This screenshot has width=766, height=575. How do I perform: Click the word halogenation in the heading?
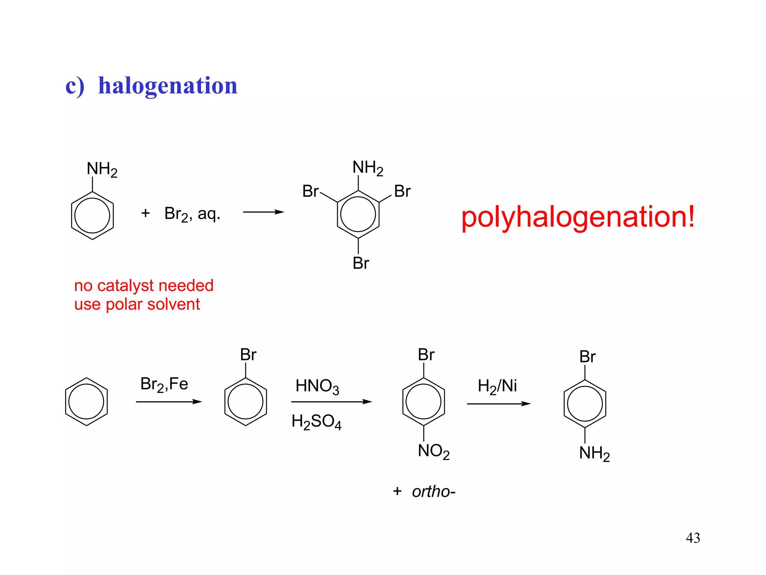point(168,86)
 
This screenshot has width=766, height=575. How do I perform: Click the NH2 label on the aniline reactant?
point(102,169)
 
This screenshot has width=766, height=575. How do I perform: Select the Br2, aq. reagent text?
point(192,214)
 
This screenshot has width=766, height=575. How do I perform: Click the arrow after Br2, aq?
point(263,212)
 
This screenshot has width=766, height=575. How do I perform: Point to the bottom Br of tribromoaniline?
point(361,263)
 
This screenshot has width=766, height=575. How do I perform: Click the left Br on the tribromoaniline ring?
point(310,191)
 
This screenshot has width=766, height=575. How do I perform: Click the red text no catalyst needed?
point(144,286)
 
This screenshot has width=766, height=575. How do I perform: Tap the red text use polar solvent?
point(137,304)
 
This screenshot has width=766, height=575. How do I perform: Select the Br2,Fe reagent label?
point(164,384)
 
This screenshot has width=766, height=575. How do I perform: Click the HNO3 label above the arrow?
point(317,386)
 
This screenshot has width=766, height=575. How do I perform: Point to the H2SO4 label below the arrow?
point(316,422)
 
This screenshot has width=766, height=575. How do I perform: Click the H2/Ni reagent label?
point(497,386)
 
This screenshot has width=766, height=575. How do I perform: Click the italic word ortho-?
point(433,492)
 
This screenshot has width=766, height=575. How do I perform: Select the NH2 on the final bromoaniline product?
point(594,453)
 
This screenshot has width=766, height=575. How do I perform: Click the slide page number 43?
point(693,538)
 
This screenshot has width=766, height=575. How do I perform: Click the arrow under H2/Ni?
point(499,404)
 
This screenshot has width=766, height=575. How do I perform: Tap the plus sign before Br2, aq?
point(145,213)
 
